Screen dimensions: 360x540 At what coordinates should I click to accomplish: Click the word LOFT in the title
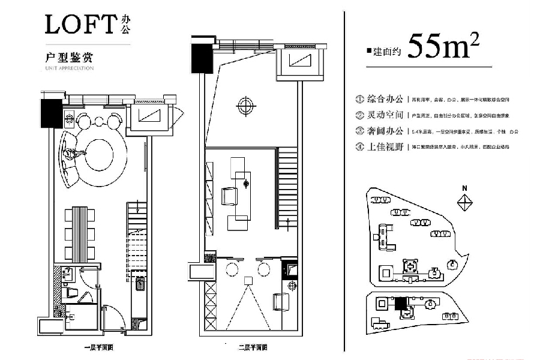point(79,26)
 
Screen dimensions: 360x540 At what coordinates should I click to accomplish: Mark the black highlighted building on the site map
point(400,304)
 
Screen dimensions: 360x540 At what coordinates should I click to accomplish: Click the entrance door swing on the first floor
point(111,314)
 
